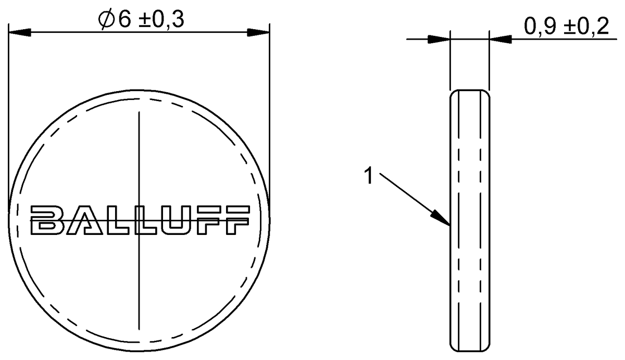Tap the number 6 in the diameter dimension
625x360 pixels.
(x=124, y=20)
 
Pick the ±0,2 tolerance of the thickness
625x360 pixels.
(x=586, y=27)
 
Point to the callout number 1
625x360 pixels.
(x=369, y=176)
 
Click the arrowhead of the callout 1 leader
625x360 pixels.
(x=441, y=218)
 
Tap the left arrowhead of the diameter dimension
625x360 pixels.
(x=20, y=32)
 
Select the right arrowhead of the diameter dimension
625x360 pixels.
(x=258, y=32)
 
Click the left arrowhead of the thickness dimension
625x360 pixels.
(x=439, y=39)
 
